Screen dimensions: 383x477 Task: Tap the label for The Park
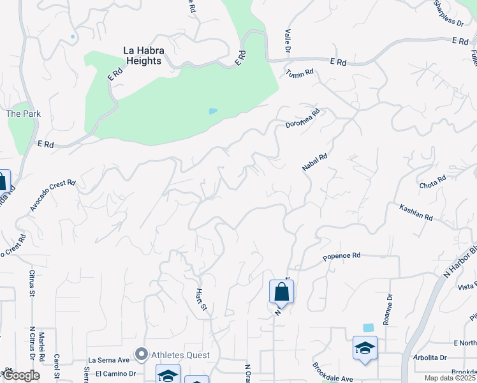click(x=24, y=114)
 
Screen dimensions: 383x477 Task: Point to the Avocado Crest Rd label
click(x=52, y=195)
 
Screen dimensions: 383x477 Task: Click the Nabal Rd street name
click(x=314, y=161)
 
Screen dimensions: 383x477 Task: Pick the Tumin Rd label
click(x=300, y=73)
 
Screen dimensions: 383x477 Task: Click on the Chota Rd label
click(x=432, y=183)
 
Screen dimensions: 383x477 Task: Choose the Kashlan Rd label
click(x=416, y=213)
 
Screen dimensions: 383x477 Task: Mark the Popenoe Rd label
click(x=342, y=256)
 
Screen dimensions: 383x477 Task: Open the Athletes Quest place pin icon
click(x=142, y=354)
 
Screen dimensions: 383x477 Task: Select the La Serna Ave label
click(x=108, y=360)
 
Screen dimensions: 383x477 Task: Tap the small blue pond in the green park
click(x=213, y=111)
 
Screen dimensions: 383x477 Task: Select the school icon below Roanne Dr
click(x=365, y=349)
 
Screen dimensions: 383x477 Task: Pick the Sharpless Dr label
click(x=448, y=13)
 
